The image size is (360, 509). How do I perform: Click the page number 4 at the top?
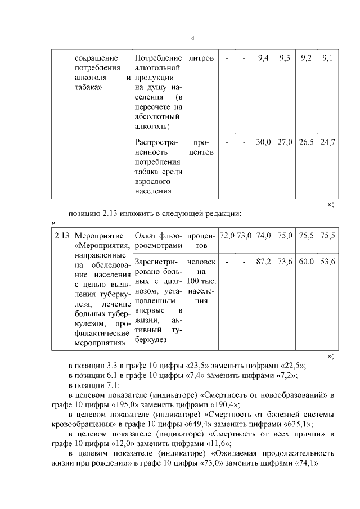coord(192,38)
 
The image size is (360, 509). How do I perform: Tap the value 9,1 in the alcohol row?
coord(327,58)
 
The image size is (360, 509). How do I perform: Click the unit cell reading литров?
coord(201,58)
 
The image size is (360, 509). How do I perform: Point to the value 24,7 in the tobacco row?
coord(327,142)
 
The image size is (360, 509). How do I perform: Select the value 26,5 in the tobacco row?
coord(306,142)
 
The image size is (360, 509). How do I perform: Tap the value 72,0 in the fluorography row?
coord(227,236)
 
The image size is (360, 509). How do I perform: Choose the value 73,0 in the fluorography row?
coord(244,236)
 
